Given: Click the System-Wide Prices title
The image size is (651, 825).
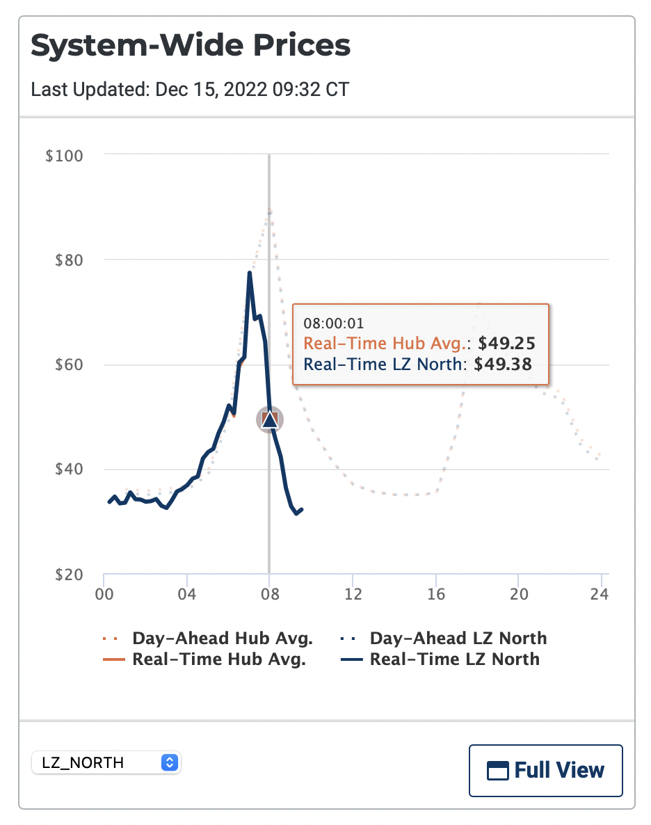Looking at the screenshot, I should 191,46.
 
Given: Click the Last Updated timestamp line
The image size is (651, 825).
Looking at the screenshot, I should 190,90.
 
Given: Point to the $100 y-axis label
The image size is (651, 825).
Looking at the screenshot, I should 64,155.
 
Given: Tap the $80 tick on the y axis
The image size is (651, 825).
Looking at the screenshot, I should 68,260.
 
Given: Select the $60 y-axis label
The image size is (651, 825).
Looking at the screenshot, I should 68,365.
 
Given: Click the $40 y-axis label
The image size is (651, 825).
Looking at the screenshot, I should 68,470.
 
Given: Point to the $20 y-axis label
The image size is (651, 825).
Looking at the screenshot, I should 68,575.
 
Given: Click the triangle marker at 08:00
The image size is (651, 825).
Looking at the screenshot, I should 270,419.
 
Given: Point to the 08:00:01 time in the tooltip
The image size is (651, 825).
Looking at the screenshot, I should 334,323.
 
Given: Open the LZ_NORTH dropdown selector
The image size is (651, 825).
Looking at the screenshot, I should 106,762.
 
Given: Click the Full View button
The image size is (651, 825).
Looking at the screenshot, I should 546,770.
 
